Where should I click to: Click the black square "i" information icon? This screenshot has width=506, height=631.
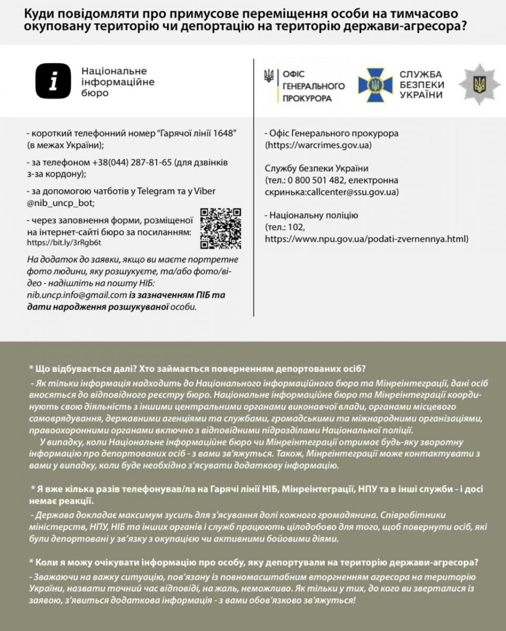[53, 82]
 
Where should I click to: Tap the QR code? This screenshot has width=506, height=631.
[221, 228]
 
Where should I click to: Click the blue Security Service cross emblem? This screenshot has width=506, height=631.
[375, 84]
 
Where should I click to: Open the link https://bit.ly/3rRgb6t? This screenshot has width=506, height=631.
[64, 243]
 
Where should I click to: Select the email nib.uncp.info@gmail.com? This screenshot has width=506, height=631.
[77, 295]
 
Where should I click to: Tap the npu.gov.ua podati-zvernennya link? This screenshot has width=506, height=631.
[367, 239]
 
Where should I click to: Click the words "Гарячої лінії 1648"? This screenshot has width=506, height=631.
[196, 134]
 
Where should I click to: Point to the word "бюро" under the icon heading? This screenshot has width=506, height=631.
[95, 93]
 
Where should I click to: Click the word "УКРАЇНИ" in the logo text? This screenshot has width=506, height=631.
[421, 95]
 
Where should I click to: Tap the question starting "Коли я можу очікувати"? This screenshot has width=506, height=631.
[253, 562]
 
